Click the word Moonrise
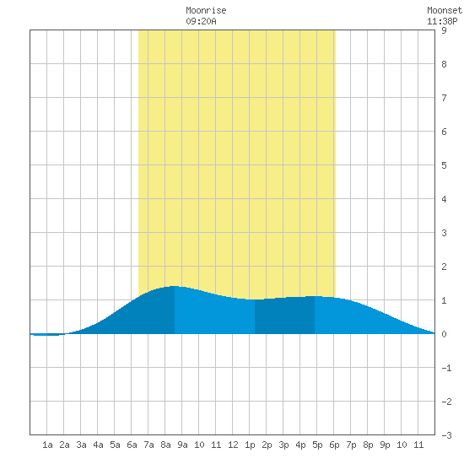(206, 10)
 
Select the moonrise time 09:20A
(201, 21)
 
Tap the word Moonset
(445, 10)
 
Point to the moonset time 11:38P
(442, 21)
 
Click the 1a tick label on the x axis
(47, 445)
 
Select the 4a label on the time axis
(98, 445)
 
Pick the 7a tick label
(148, 445)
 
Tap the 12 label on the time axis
(233, 445)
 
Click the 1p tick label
(250, 445)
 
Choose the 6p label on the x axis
(334, 445)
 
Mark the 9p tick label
(385, 445)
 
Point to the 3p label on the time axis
(283, 445)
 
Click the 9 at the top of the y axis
(444, 30)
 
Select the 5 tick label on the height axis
(444, 165)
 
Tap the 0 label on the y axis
(444, 334)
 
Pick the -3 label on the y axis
(446, 435)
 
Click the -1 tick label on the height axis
(446, 368)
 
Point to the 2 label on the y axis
(444, 267)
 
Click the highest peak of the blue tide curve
(175, 286)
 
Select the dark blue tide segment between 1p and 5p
(284, 316)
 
